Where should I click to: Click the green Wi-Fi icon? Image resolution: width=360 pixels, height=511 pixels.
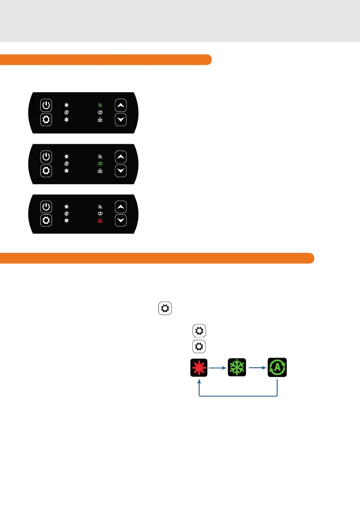100,105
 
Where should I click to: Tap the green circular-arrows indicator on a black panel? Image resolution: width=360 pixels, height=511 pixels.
100,163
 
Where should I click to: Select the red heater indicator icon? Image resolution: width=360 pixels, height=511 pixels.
100,221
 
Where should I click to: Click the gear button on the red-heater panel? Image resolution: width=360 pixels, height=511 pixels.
46,221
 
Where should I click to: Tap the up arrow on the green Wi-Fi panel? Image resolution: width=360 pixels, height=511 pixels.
121,105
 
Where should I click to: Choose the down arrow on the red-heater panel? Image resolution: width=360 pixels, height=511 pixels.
121,221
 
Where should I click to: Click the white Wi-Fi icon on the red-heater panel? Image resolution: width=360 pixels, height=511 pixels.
100,206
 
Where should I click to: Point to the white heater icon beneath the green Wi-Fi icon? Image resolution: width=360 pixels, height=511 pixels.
100,120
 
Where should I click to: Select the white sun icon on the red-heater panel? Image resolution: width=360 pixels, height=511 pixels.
67,206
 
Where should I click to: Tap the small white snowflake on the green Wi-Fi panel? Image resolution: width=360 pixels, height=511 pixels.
67,120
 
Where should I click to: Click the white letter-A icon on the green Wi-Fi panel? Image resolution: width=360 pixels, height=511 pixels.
67,112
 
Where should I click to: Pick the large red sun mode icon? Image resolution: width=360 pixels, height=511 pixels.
199,368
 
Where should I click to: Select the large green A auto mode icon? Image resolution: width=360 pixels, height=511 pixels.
278,368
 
